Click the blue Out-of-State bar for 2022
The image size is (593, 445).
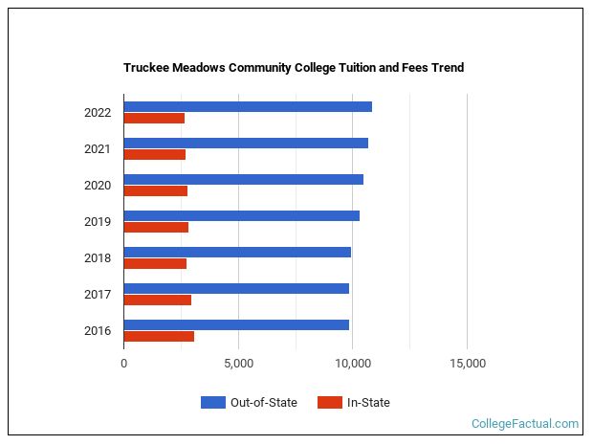click(247, 106)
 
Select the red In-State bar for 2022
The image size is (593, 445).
click(154, 119)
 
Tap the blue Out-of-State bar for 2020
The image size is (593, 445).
click(243, 179)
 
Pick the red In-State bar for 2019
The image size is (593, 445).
click(156, 228)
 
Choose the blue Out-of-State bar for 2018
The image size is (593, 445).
click(237, 252)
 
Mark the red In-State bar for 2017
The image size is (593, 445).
click(157, 300)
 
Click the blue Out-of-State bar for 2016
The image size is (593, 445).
click(236, 324)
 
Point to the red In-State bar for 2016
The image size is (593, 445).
click(159, 337)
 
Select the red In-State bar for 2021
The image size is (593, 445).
click(154, 155)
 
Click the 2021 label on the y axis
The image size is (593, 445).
click(98, 149)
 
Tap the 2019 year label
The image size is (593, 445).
click(98, 222)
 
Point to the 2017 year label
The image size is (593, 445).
click(98, 295)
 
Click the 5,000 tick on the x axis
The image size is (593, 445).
click(238, 364)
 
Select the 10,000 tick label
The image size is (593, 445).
click(353, 364)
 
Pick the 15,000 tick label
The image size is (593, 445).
click(467, 364)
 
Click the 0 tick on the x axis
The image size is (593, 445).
click(123, 364)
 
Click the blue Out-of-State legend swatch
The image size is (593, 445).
click(212, 403)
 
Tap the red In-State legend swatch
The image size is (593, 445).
click(329, 403)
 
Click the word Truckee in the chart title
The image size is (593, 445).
click(146, 68)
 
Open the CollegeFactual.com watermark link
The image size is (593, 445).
click(525, 423)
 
